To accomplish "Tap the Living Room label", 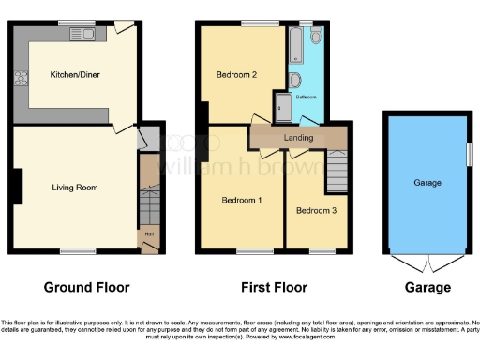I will [x=74, y=187].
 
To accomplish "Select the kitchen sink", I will [x=80, y=36].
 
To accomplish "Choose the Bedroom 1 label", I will [x=241, y=201].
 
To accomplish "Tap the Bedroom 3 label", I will [x=313, y=211].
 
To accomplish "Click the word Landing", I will [x=298, y=138].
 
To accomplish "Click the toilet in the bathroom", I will [x=314, y=36].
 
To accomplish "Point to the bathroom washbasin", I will [x=295, y=80].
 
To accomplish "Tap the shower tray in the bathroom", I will [x=282, y=107].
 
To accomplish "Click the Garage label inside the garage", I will [x=427, y=184].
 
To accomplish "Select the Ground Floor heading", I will [x=87, y=287].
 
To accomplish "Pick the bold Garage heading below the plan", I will [x=427, y=287].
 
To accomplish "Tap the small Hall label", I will [x=148, y=233].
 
